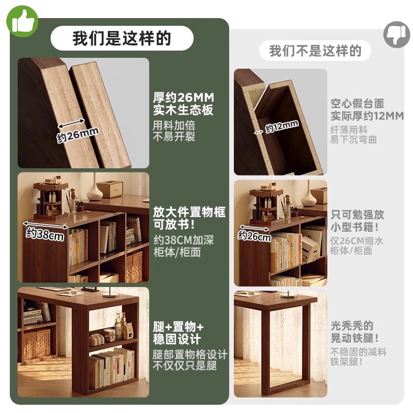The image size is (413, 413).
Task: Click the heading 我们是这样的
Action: click(x=122, y=39)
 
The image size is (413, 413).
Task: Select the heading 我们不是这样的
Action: click(x=315, y=51)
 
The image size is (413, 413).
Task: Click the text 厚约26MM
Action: click(x=183, y=98)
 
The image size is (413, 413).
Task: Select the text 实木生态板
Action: click(x=183, y=110)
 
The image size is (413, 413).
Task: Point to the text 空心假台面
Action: click(x=357, y=104)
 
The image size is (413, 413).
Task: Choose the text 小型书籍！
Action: click(x=358, y=227)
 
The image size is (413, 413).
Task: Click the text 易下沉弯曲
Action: click(x=354, y=140)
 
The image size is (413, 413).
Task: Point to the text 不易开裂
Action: click(x=174, y=137)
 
